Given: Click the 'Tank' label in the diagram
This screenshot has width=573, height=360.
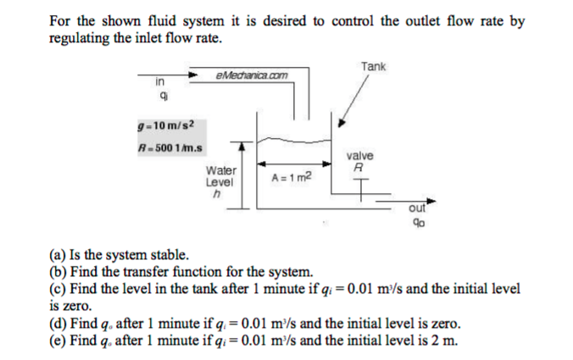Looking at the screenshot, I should (x=373, y=66).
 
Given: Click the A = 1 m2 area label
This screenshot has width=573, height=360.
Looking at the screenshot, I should (x=291, y=178).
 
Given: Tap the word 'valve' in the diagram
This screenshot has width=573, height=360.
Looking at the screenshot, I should (x=360, y=157).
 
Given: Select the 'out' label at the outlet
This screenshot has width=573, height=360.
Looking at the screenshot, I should (x=416, y=208).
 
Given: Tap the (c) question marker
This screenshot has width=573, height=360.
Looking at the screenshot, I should (x=57, y=289).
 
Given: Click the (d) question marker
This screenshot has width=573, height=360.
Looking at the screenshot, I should (x=57, y=324).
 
